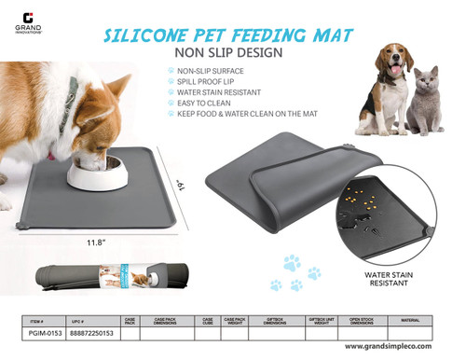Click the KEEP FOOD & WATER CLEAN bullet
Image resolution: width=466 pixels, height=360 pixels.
[x=252, y=116]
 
